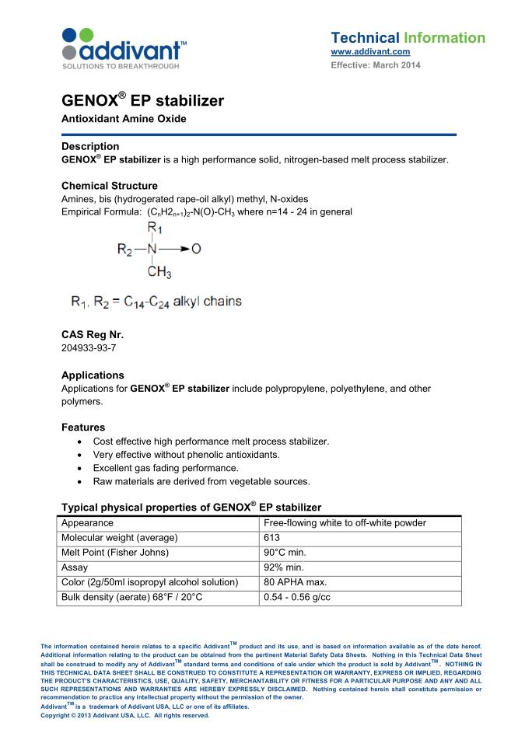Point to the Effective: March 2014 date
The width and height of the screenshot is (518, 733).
coord(376,65)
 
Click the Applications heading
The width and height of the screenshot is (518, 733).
coord(93,375)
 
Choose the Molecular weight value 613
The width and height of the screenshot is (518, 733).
coord(273,538)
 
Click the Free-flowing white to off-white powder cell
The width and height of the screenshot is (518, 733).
coord(345,523)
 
